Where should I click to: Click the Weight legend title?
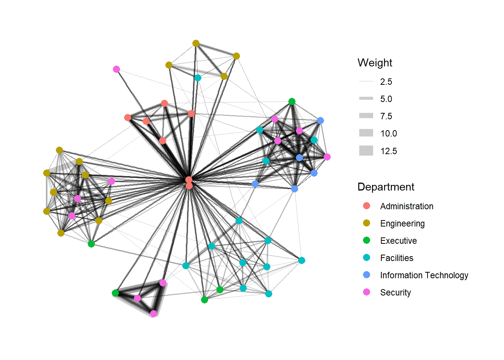375,63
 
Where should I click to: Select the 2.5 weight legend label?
386,82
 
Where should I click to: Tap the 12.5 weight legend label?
388,151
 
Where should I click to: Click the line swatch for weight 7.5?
366,116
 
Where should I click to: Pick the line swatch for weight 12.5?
366,151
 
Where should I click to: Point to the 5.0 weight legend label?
386,99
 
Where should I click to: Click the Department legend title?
385,187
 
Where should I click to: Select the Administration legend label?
406,206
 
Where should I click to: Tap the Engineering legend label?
402,223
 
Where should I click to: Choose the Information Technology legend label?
424,275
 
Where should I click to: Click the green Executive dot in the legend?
367,240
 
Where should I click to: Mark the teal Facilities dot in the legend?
367,258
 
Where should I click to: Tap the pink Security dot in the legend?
367,292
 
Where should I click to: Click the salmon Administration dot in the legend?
367,206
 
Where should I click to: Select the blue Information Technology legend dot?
367,275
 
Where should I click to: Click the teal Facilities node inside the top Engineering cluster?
198,78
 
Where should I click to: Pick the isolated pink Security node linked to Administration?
116,69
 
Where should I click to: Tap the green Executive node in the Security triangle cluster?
115,293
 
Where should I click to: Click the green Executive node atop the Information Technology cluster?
292,101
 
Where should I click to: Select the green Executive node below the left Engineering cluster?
91,244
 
